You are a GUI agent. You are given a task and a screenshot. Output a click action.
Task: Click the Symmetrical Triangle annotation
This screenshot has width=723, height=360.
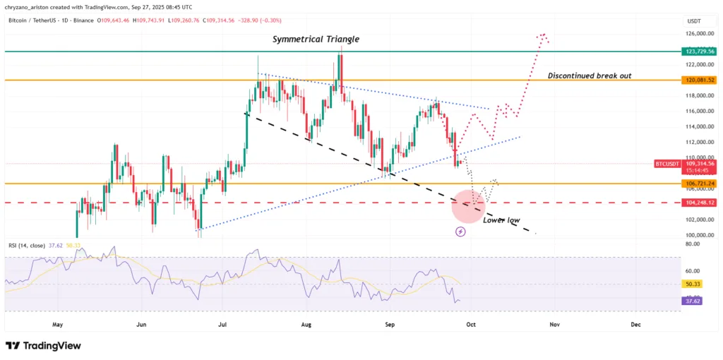316,40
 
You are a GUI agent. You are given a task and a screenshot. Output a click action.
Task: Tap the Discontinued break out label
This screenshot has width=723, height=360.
590,75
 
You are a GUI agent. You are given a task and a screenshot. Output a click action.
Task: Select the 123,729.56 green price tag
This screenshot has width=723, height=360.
700,52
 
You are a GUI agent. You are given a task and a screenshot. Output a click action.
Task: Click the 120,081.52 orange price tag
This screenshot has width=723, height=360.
700,80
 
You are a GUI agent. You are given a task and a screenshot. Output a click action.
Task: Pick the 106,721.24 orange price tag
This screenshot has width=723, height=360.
700,184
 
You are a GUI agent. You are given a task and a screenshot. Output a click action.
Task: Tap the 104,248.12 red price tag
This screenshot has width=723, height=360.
700,203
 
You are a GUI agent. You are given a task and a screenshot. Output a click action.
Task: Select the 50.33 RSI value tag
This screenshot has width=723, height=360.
691,284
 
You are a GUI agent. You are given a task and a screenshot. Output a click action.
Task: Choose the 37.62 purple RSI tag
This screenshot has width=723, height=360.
691,300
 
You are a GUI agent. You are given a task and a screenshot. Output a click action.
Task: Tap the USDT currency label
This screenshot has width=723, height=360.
695,21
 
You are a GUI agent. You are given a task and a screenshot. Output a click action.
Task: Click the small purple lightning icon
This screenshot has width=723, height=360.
461,231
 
